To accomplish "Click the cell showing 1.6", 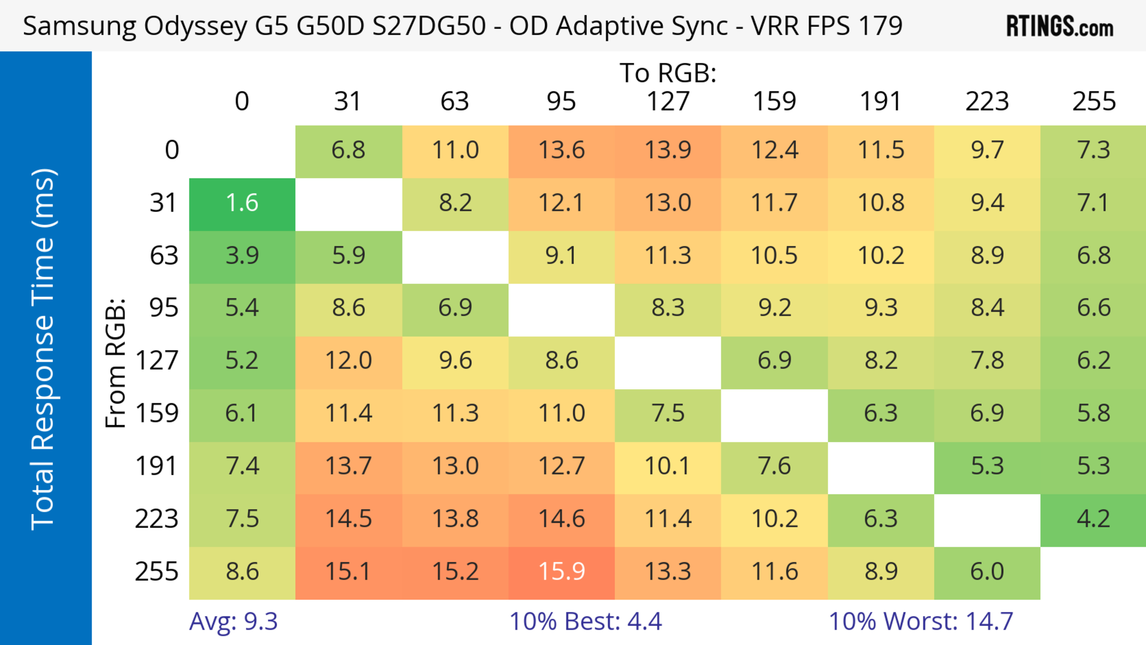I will [x=242, y=203].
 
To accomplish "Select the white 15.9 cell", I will [x=561, y=571].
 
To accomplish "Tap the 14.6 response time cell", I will [x=561, y=519].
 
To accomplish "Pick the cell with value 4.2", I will [x=1093, y=519].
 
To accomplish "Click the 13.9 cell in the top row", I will [x=668, y=150].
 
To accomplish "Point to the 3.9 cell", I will [x=242, y=255].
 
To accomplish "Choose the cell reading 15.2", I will [x=455, y=571].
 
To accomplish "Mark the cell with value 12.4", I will [x=774, y=150].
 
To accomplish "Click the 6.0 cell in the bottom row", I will [x=987, y=571].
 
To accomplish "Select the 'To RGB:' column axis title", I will [x=668, y=73].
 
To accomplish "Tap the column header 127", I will [x=668, y=101].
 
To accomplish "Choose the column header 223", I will [x=987, y=101].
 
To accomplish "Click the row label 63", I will [x=164, y=255].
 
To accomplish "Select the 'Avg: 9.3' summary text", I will [x=234, y=621].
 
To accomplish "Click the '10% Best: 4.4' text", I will [x=586, y=621].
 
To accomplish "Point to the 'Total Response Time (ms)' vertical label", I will [x=44, y=350].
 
